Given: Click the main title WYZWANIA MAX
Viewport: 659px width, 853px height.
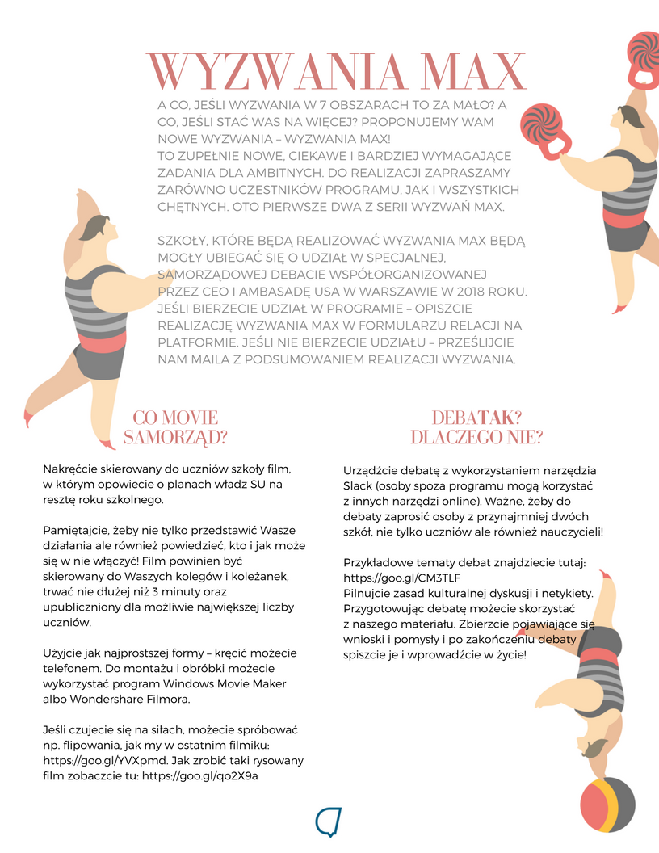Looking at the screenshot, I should click(337, 74).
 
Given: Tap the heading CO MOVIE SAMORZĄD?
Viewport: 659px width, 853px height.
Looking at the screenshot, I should click(175, 427).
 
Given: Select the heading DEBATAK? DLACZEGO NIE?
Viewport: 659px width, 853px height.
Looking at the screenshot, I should click(476, 427).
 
